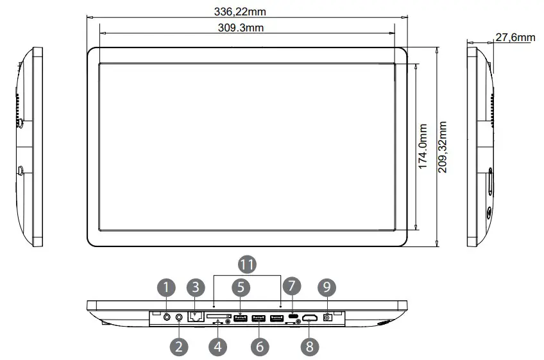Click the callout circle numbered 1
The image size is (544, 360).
coord(166,286)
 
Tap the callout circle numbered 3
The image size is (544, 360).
coord(196,286)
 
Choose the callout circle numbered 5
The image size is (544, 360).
coord(240,286)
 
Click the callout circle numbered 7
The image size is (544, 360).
coord(292,286)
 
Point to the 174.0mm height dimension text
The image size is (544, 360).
coord(423,147)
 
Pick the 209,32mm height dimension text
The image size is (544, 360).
coord(443,147)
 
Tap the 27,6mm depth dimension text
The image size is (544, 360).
coord(514,37)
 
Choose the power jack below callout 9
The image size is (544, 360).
coord(330,317)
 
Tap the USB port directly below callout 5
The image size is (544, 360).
coord(241,317)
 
